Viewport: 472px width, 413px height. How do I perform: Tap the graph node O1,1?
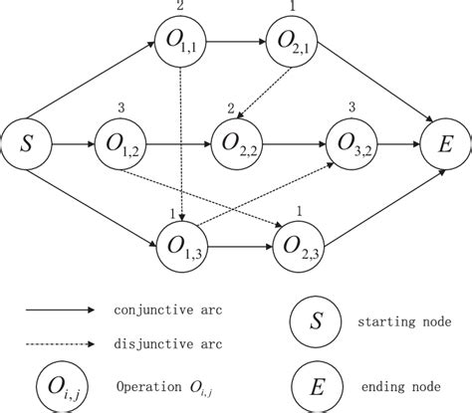coord(179,44)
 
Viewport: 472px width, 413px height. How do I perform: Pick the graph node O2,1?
coord(290,44)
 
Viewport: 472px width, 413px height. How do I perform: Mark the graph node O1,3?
coord(179,242)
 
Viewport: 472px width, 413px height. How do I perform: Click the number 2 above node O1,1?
coord(179,7)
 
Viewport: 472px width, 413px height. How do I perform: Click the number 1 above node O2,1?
coord(290,7)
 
